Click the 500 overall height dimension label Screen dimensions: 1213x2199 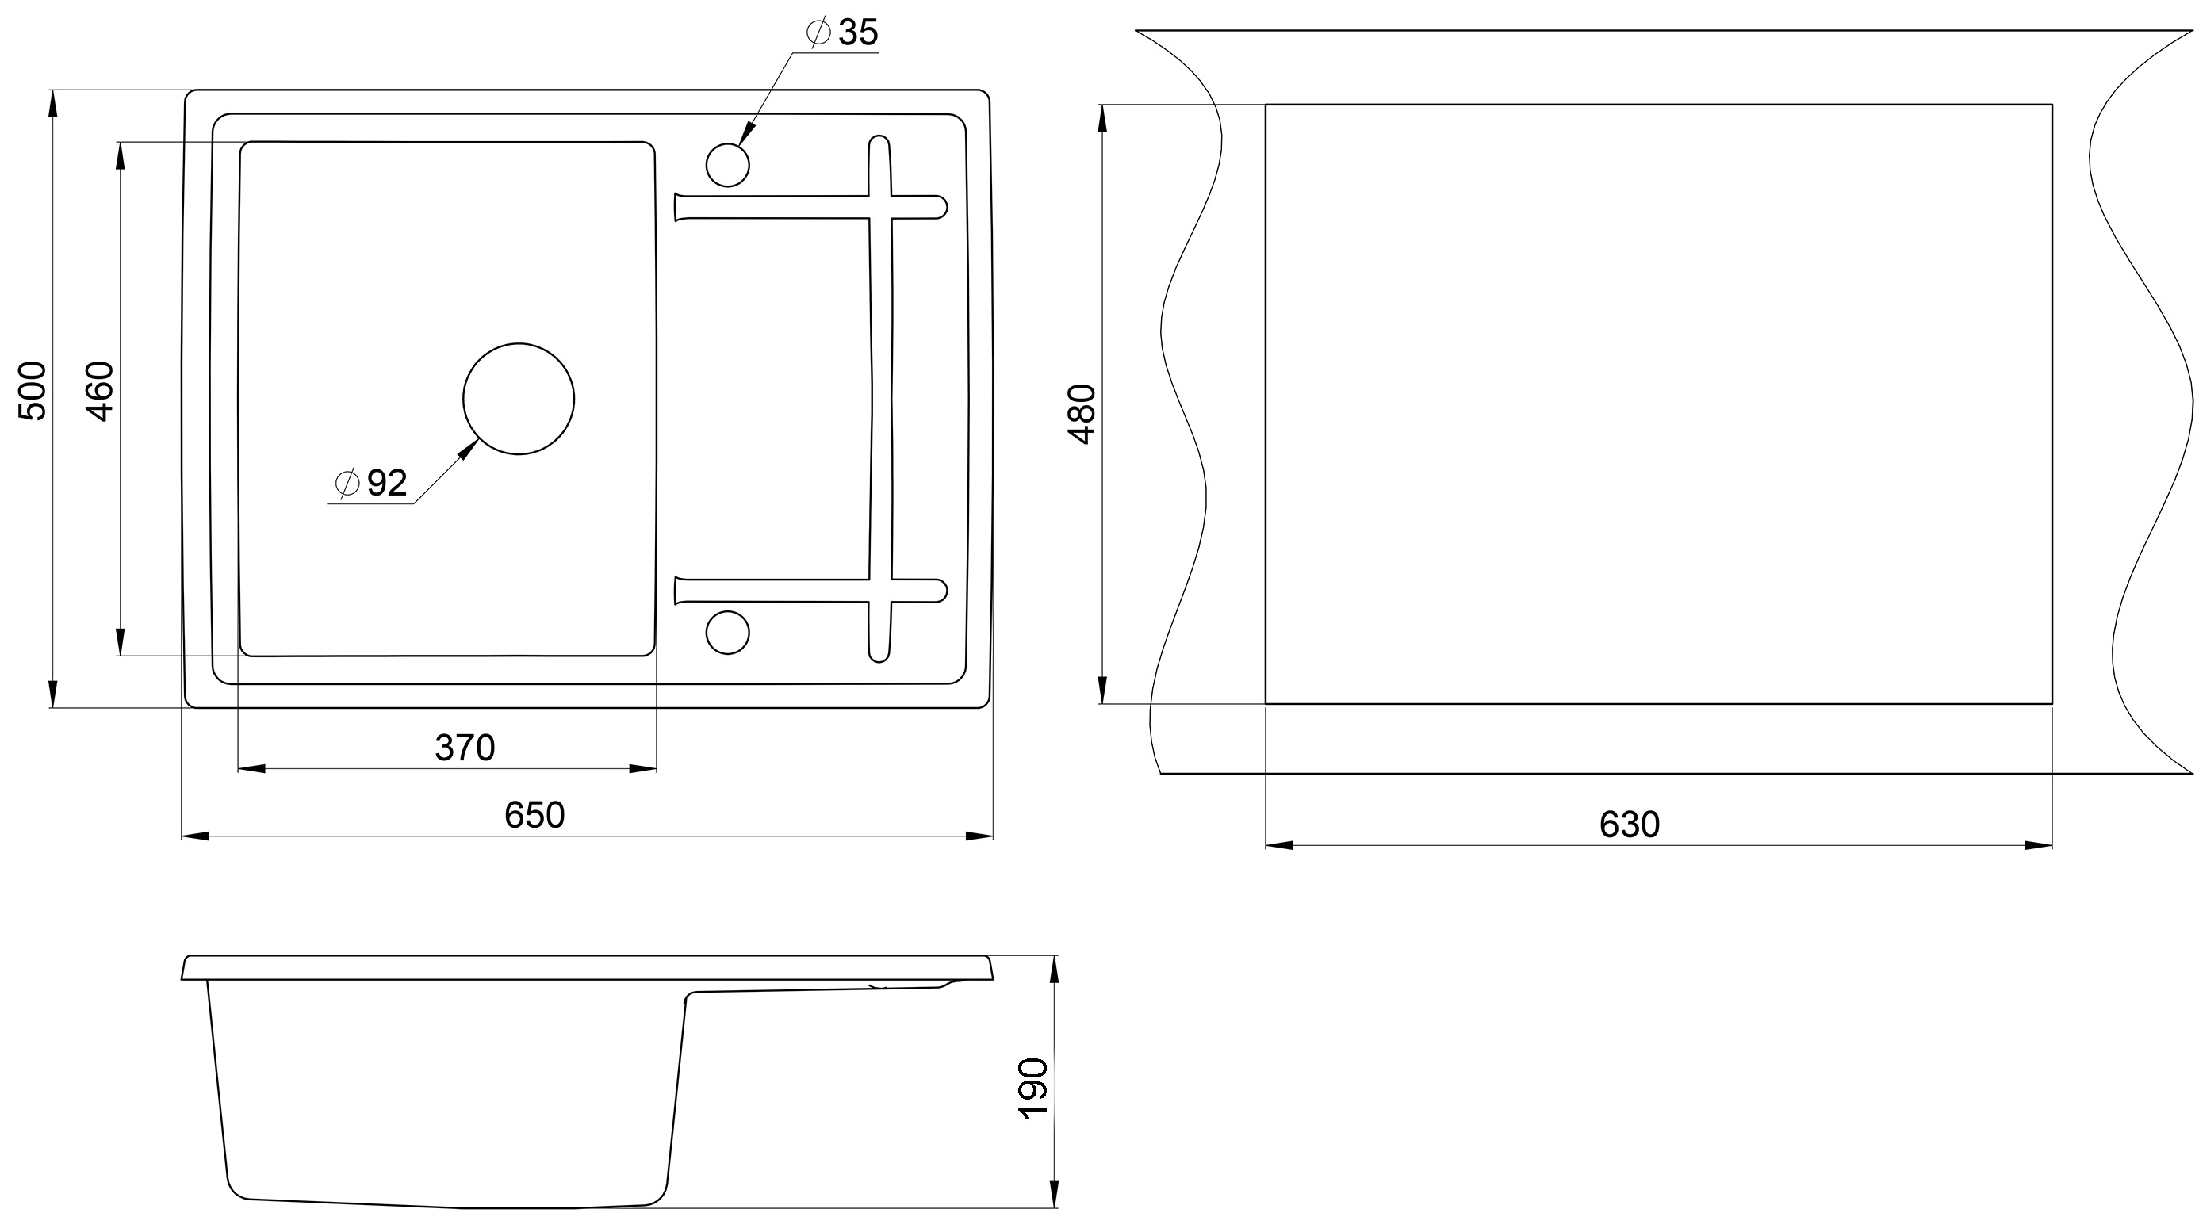tap(33, 391)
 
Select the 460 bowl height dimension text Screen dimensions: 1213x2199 tap(101, 392)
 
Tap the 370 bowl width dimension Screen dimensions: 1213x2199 tap(465, 748)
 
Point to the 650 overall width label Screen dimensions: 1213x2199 tap(534, 815)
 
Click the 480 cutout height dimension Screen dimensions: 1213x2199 tap(1082, 414)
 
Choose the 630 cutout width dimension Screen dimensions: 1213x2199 tap(1629, 825)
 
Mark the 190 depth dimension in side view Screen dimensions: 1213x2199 tap(1034, 1088)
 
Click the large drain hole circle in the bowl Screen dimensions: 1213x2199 tap(518, 399)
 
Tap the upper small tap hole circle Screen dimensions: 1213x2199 tap(727, 165)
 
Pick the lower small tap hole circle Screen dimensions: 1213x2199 tap(727, 633)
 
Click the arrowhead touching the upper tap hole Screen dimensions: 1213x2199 tap(746, 133)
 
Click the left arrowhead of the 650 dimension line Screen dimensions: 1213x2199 tap(194, 836)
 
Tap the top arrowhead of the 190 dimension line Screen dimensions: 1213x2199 tap(1054, 969)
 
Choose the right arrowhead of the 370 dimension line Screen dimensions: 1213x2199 tap(643, 769)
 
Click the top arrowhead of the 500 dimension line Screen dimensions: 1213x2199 tap(53, 103)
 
